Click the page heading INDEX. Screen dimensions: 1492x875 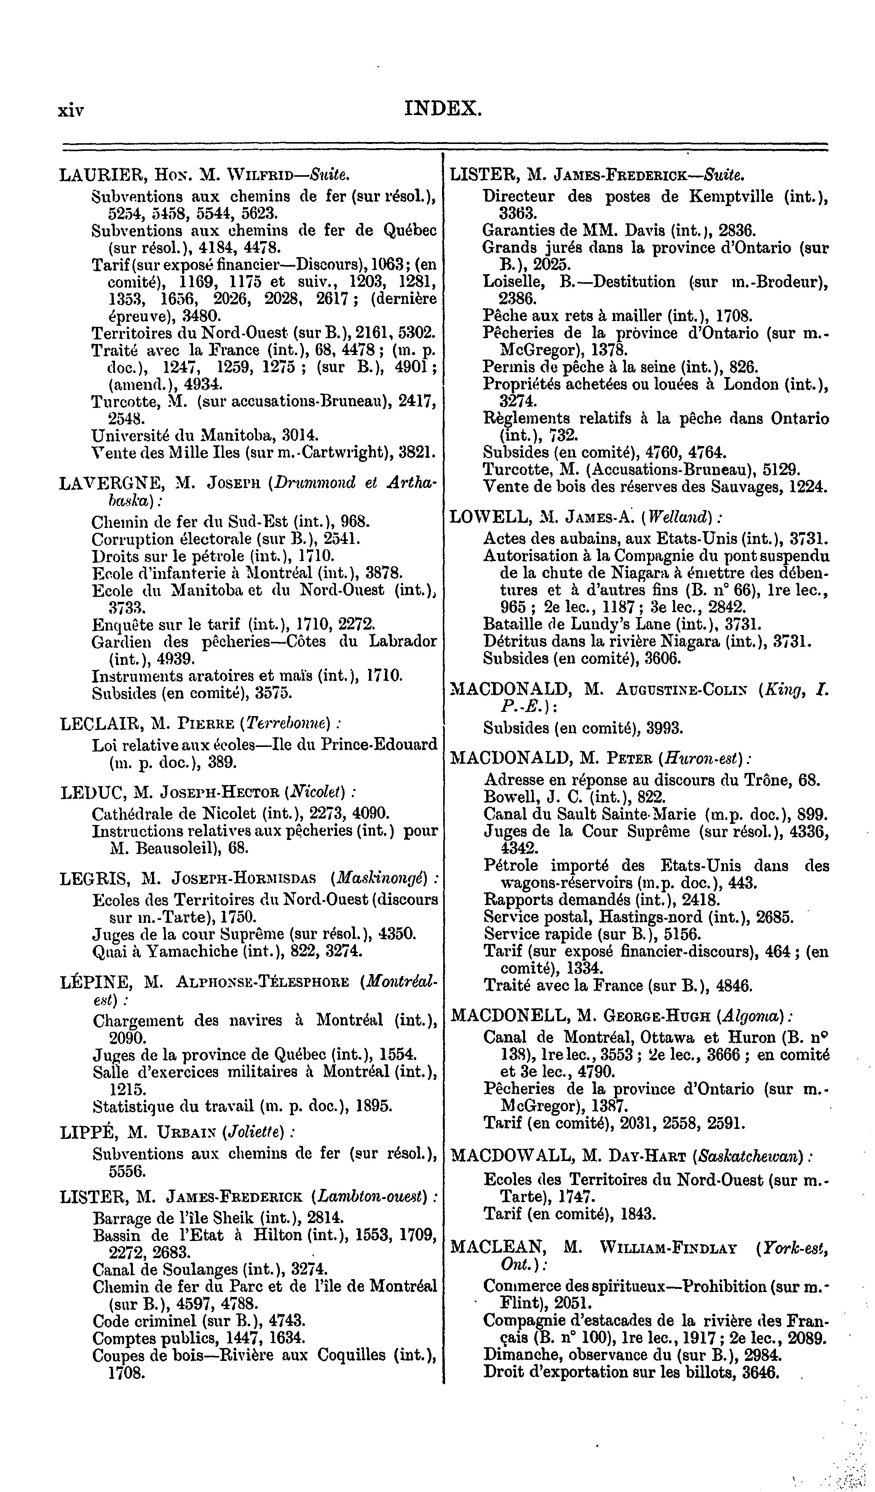[443, 109]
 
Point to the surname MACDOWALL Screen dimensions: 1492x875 [510, 1156]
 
